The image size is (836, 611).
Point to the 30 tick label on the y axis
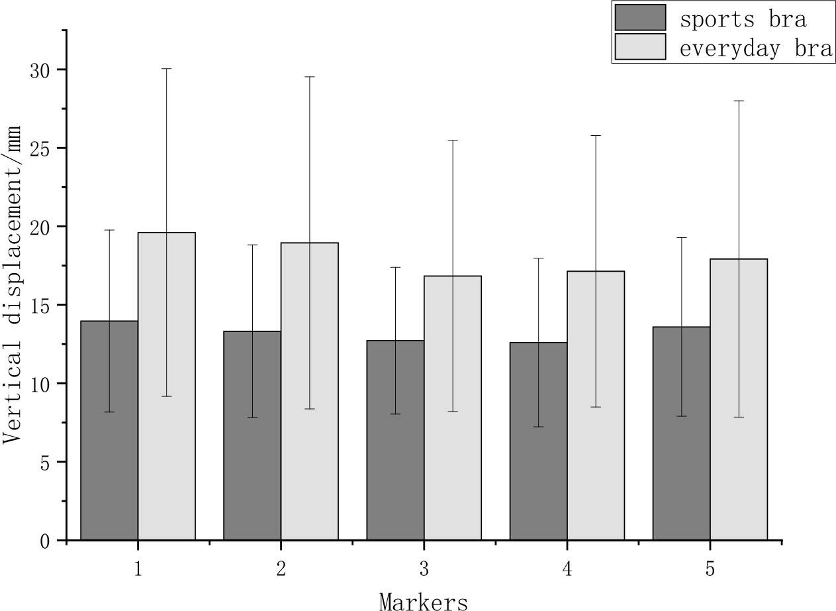[40, 70]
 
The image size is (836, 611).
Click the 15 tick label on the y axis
[40, 305]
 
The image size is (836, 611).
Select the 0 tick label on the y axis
[45, 541]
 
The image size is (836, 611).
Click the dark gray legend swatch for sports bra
[640, 18]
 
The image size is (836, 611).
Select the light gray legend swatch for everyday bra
[640, 47]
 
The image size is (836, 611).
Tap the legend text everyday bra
[756, 48]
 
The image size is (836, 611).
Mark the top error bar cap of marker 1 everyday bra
[167, 69]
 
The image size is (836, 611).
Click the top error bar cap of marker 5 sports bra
[682, 237]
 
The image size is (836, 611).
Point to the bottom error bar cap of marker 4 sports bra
[538, 426]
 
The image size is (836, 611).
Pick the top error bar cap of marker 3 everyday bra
[453, 140]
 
